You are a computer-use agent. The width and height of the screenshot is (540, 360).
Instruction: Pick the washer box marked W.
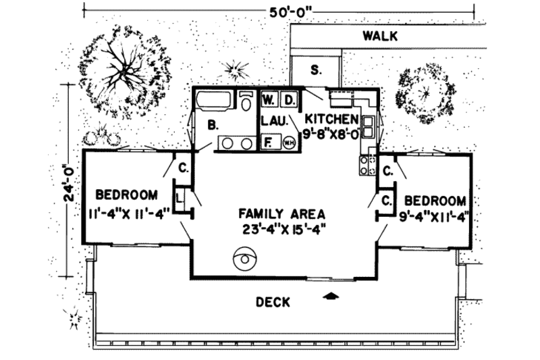(x=269, y=99)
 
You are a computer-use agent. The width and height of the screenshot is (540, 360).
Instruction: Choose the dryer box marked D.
(x=288, y=99)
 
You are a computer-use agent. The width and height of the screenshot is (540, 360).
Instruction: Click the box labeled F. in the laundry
(x=268, y=142)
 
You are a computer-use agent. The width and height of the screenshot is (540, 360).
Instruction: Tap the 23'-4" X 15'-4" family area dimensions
(x=283, y=228)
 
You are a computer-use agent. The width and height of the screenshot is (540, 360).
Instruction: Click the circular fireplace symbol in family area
(x=242, y=257)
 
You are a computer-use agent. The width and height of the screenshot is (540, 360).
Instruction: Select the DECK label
(x=273, y=302)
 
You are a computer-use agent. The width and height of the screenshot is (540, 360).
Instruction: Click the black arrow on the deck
(x=330, y=294)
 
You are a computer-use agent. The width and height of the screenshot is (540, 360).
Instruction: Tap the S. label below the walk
(x=315, y=69)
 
